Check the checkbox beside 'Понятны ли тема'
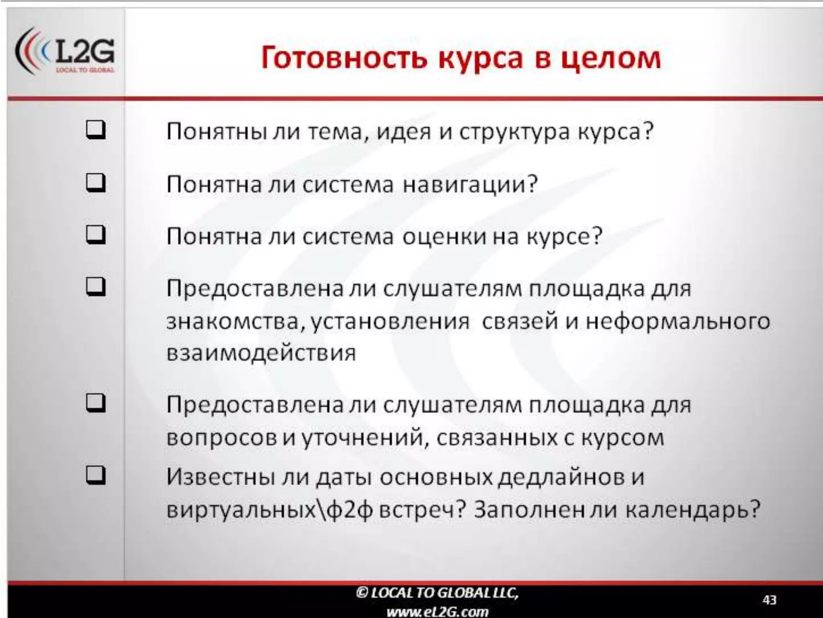coord(96,130)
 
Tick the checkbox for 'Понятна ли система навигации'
coord(96,183)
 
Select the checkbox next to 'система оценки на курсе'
coord(96,235)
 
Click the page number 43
coord(769,600)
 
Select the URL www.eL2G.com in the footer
coord(438,612)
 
